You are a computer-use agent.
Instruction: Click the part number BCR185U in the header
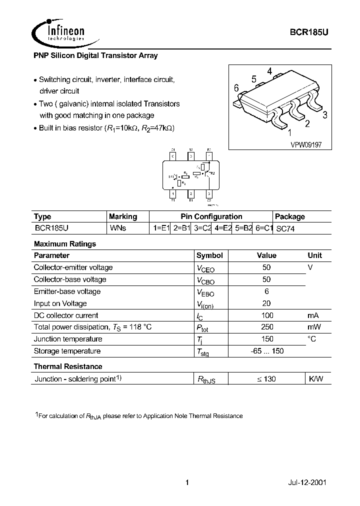[309, 30]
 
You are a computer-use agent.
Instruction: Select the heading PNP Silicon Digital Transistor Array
[95, 56]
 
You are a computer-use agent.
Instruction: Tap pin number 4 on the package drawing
[269, 71]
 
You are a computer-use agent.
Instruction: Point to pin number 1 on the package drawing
[289, 133]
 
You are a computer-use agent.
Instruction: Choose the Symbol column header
[209, 255]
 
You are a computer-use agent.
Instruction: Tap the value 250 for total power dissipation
[267, 327]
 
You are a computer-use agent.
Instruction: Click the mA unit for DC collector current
[313, 315]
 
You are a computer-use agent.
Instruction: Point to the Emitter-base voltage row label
[67, 291]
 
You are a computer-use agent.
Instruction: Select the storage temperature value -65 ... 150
[267, 351]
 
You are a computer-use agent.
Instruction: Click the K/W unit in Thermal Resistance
[315, 379]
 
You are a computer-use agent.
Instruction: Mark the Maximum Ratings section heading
[64, 244]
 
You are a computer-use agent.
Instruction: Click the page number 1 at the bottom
[186, 483]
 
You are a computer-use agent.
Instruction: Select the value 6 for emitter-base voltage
[267, 291]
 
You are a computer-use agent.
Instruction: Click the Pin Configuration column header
[211, 216]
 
